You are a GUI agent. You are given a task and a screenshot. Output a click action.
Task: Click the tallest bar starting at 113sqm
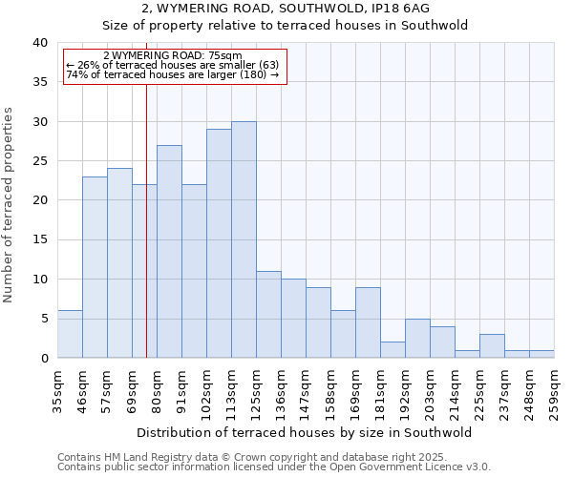point(244,239)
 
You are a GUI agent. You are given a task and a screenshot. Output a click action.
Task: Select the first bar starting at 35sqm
point(70,334)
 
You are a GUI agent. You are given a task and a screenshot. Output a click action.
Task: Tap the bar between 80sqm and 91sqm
point(169,252)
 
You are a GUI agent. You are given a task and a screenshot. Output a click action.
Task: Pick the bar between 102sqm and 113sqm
point(219,243)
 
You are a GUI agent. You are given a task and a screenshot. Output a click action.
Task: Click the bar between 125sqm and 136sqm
point(268,315)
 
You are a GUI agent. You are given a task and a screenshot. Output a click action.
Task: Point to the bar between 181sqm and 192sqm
point(393,349)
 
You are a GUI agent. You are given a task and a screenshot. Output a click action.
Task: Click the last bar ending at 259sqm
point(541,354)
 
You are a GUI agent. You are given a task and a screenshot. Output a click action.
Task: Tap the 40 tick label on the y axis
point(39,43)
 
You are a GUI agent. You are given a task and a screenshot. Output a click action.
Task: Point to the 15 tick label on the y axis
point(39,240)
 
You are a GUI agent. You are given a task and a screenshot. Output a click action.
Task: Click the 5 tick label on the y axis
point(43,319)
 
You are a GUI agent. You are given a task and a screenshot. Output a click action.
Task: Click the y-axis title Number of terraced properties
point(10,205)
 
